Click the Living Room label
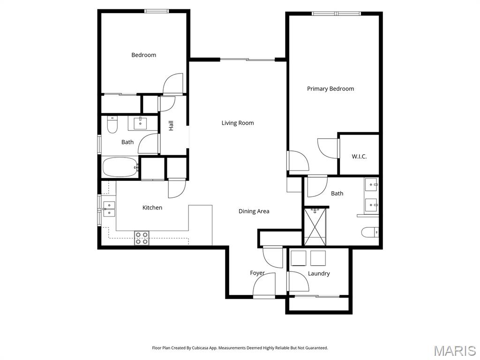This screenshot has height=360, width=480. tap(238, 123)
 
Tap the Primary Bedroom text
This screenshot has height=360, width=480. tap(330, 89)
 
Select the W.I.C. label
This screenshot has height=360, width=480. tap(359, 157)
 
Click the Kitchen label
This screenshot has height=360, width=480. tap(152, 207)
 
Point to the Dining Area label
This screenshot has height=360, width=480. tap(254, 211)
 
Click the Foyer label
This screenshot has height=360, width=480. tap(257, 273)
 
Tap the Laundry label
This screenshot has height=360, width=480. tap(319, 273)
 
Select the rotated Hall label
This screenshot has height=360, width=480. tap(171, 126)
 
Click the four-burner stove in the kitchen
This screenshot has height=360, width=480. tap(142, 238)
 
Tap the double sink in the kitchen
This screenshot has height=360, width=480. tap(109, 209)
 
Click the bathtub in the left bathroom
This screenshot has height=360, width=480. tap(120, 167)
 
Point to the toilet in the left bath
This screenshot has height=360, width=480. tap(112, 125)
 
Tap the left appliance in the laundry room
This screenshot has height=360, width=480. tap(299, 258)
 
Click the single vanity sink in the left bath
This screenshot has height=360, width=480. tap(140, 124)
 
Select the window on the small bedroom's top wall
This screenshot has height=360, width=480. tap(156, 11)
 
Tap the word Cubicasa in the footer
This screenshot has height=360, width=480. tap(201, 348)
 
